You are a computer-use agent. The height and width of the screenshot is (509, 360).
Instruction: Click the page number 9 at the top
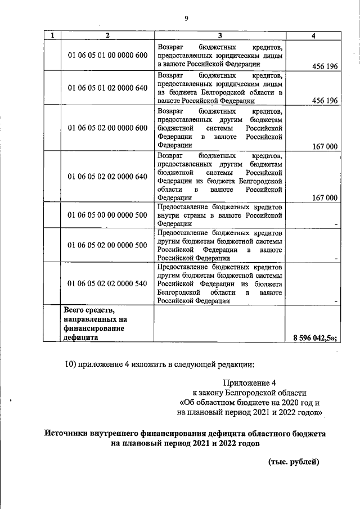(x=186, y=19)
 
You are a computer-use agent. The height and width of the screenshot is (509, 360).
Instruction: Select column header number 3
(x=220, y=37)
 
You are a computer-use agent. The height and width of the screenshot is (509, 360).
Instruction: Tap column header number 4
(x=313, y=37)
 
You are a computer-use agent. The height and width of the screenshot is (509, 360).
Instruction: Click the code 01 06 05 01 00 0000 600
(x=107, y=55)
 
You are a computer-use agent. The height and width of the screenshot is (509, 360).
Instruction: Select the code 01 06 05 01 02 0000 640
(x=107, y=88)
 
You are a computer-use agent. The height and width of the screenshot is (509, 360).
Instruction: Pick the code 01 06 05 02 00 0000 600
(x=107, y=128)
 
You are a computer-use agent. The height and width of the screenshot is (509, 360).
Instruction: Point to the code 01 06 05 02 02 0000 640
(x=107, y=176)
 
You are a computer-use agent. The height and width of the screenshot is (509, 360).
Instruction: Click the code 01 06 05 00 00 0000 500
(x=107, y=215)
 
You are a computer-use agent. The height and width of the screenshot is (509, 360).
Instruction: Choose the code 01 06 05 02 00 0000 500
(x=107, y=245)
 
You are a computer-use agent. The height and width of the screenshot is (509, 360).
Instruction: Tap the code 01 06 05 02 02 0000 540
(x=107, y=283)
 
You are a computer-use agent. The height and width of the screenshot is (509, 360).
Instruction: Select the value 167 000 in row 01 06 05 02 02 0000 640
(x=324, y=197)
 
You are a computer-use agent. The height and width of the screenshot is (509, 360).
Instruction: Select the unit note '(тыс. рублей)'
(x=293, y=462)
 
